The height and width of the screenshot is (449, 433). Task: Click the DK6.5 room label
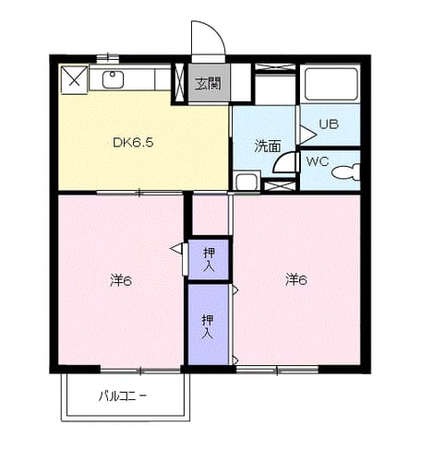point(133,142)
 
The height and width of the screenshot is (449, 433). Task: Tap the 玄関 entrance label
point(209,83)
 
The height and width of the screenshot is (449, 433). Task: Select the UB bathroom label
point(329,124)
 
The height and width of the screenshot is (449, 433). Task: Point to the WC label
point(318,161)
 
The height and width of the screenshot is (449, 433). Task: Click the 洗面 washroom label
point(268,147)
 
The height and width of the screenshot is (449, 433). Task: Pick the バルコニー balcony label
point(123,396)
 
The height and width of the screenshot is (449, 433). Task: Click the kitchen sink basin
point(113,79)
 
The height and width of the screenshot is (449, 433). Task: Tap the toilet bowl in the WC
point(346,171)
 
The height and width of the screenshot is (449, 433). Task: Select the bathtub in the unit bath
point(331,82)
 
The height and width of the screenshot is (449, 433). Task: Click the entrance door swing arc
point(216,30)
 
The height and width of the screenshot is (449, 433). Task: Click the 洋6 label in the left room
point(121,280)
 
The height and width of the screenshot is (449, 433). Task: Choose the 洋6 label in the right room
point(296,280)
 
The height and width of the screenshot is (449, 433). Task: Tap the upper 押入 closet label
point(209,260)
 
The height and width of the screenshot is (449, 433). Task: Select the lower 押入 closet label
point(208,326)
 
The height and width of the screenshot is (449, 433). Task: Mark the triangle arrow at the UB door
point(308,135)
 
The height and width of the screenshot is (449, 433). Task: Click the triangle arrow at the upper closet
point(176,249)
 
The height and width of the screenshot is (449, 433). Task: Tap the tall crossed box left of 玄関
point(179,83)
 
